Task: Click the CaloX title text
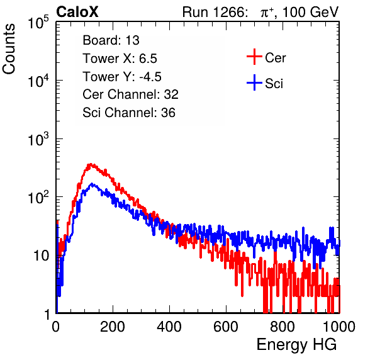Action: point(77,12)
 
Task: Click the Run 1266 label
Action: point(215,12)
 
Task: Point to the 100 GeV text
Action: point(310,12)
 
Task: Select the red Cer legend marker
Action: point(254,57)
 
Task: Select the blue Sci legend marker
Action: point(254,82)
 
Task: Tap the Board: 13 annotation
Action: point(111,40)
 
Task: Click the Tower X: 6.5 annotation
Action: point(120,59)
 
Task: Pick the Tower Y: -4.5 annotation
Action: point(122,77)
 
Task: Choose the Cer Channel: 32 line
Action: point(131,94)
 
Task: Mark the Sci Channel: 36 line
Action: point(129,113)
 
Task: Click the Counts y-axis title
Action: point(9,49)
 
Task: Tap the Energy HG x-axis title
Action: point(296,344)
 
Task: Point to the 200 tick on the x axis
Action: point(113,327)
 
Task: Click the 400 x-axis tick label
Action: point(169,327)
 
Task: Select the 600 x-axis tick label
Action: point(226,327)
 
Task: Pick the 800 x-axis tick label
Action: point(283,327)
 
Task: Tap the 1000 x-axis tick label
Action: point(339,327)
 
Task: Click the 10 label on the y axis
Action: point(41,256)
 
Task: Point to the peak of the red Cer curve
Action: point(90,164)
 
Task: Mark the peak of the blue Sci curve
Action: point(92,184)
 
